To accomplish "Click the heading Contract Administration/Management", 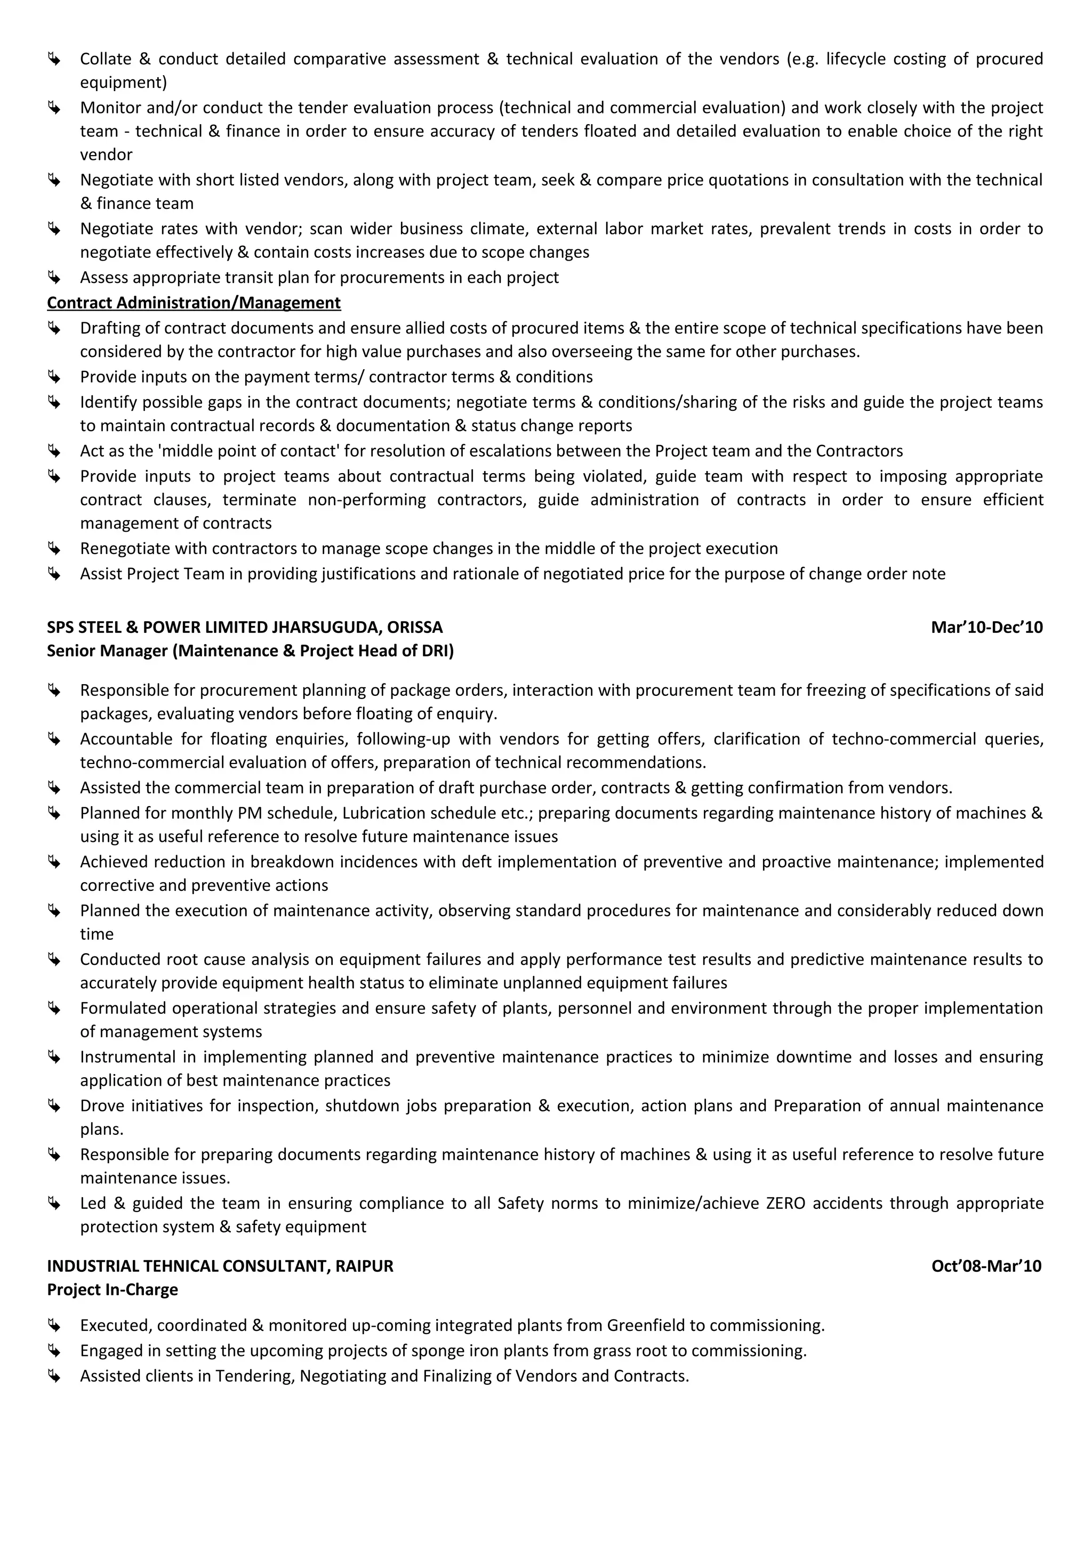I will click(x=194, y=303).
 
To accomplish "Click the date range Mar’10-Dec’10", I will click(x=986, y=628).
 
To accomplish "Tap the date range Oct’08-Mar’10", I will click(x=986, y=1266).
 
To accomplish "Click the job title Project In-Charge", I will click(x=113, y=1290).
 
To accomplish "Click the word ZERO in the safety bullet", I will click(x=785, y=1203).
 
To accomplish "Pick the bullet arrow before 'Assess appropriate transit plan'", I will click(x=54, y=277).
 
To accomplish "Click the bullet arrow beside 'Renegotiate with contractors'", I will click(x=54, y=548).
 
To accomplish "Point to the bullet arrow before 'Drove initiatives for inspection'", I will click(x=54, y=1106).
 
